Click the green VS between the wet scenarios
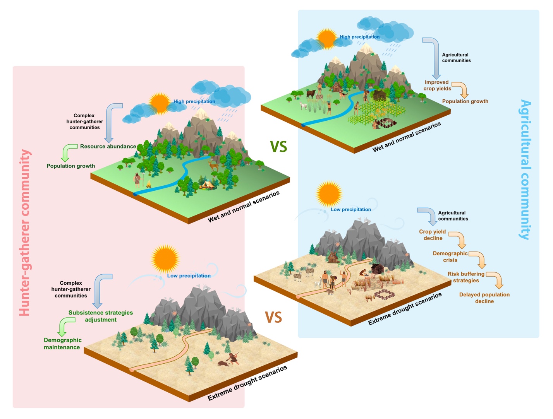coord(278,146)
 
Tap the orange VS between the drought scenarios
coord(273,317)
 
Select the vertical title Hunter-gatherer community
coord(25,233)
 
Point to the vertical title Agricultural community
coord(525,169)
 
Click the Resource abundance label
coord(108,147)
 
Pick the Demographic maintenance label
coord(62,344)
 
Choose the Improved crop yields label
coord(437,86)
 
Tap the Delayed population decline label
coord(484,298)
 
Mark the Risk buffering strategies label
coord(466,277)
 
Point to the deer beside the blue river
coord(214,166)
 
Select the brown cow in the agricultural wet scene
coord(311,94)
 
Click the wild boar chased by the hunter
coord(223,364)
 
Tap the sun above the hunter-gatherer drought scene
coord(165,259)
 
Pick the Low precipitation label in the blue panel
coord(351,210)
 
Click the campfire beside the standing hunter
coord(149,184)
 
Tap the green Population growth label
coord(71,166)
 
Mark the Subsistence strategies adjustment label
coord(101,316)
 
